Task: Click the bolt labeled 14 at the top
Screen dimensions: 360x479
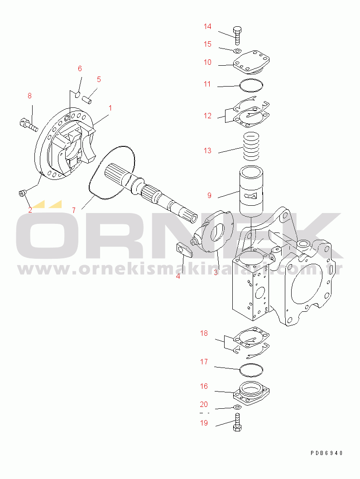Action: pyautogui.click(x=238, y=36)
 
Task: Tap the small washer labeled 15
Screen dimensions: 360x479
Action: pyautogui.click(x=237, y=50)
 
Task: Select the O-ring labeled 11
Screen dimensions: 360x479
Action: pyautogui.click(x=251, y=86)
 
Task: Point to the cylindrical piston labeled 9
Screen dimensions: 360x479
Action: pyautogui.click(x=251, y=191)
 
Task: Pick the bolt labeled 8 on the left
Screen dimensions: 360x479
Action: pyautogui.click(x=29, y=124)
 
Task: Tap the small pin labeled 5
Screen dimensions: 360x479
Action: pyautogui.click(x=88, y=100)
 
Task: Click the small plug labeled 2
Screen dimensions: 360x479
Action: pyautogui.click(x=23, y=193)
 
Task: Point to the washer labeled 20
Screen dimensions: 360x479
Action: pyautogui.click(x=237, y=407)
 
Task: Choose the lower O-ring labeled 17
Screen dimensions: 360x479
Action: pyautogui.click(x=251, y=370)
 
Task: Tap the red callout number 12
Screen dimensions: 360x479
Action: pyautogui.click(x=208, y=116)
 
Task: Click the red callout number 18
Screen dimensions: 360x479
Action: pyautogui.click(x=204, y=333)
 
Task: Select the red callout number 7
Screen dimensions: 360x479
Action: pyautogui.click(x=74, y=210)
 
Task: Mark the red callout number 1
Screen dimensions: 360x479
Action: pyautogui.click(x=110, y=108)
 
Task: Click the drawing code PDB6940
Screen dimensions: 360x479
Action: pyautogui.click(x=327, y=453)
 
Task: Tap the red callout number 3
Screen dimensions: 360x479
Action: pyautogui.click(x=216, y=272)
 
